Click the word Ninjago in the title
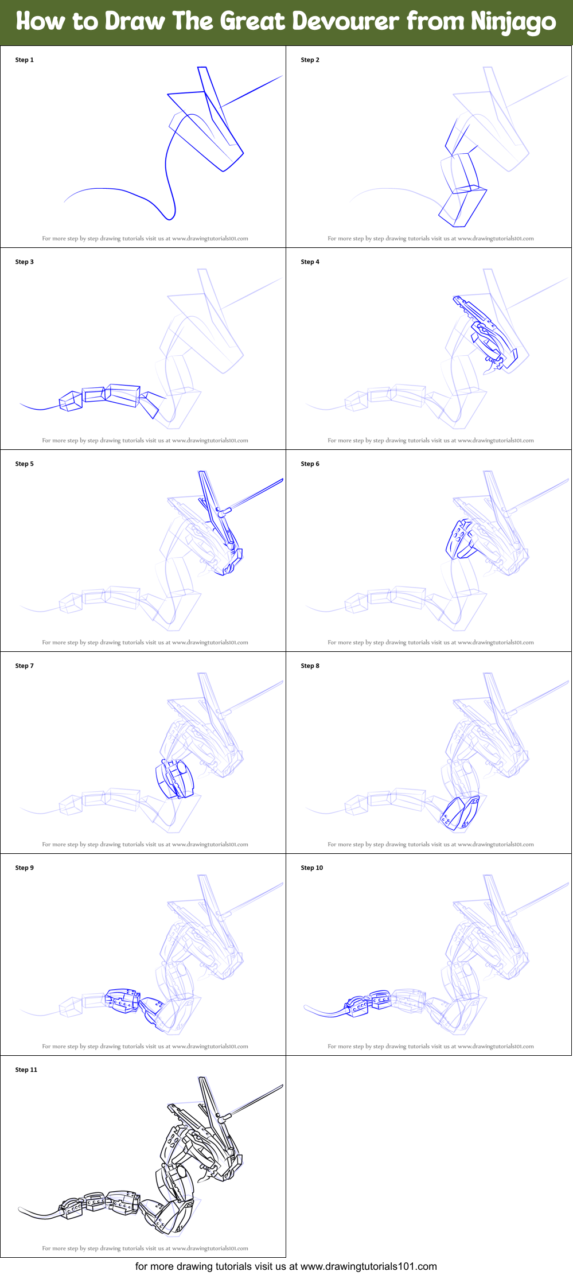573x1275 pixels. coord(513,22)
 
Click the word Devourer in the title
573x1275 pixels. coord(345,22)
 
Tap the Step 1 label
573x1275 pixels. coord(24,60)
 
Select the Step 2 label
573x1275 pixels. coord(310,60)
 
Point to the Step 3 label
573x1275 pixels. coord(24,262)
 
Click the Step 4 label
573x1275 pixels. coord(310,262)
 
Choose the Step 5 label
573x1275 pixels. coord(24,464)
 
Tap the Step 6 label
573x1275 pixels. coord(310,464)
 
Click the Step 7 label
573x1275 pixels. coord(24,666)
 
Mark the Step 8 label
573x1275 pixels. coord(310,666)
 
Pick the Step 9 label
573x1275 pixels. coord(24,868)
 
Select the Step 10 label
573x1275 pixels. coord(311,868)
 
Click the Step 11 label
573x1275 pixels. coord(26,1070)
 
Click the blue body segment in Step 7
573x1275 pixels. coord(174,779)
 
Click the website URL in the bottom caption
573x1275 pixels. coord(368,1266)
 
